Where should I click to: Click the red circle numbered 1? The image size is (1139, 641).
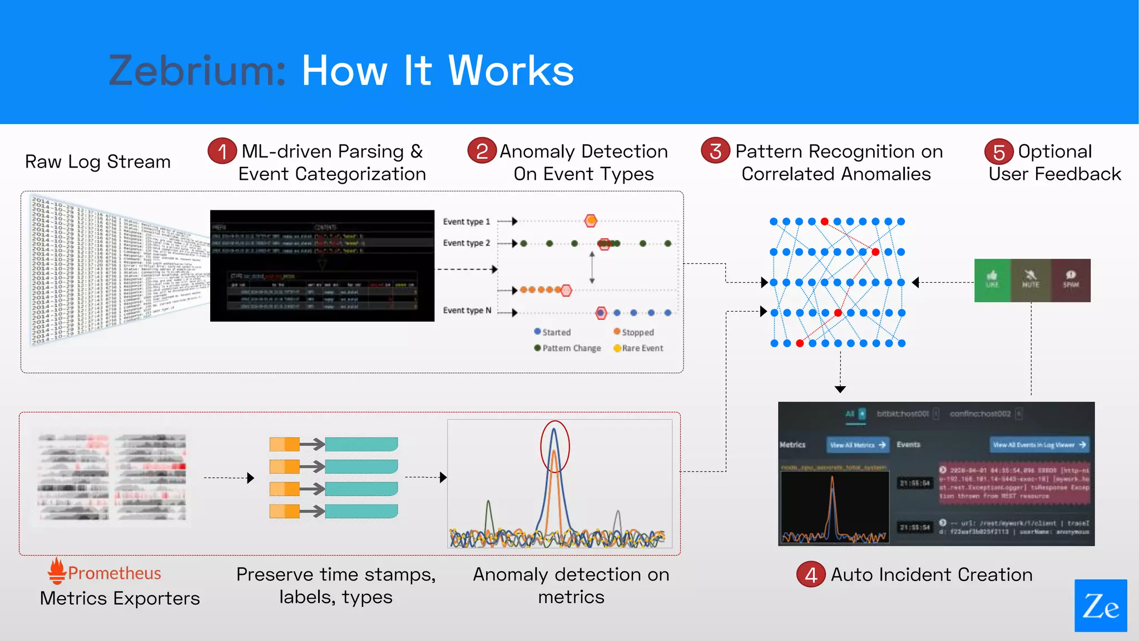tap(222, 151)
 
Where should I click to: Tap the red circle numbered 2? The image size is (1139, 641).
tap(482, 151)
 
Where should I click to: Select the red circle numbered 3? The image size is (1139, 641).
tap(716, 151)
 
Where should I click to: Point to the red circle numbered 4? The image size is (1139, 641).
tap(811, 575)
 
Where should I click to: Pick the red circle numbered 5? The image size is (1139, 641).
tap(999, 151)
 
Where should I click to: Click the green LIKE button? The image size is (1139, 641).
tap(992, 280)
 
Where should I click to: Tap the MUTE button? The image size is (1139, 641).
tap(1031, 280)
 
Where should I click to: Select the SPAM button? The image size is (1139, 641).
tap(1071, 280)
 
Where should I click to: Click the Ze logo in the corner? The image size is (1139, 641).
tap(1101, 605)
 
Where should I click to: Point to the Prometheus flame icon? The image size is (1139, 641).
tap(56, 571)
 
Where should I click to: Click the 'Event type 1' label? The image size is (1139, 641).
tap(466, 221)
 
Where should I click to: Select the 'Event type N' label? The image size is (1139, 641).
tap(467, 310)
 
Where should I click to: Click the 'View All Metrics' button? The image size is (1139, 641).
tap(857, 445)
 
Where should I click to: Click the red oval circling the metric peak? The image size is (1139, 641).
tap(555, 446)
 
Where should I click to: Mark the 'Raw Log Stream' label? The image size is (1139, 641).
tap(98, 161)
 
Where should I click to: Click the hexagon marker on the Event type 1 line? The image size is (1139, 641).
tap(591, 221)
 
